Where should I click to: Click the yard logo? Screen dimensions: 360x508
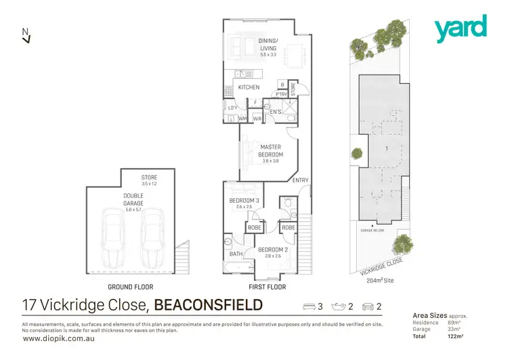coord(461,28)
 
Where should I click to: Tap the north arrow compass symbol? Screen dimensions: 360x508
coord(26,35)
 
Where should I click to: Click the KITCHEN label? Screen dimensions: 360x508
coord(248,87)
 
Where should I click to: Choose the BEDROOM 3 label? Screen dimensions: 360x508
coord(244,201)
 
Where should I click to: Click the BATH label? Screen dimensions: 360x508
coord(236,254)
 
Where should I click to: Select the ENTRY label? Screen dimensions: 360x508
coord(300,180)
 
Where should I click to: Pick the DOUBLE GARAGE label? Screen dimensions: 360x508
coord(133,199)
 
